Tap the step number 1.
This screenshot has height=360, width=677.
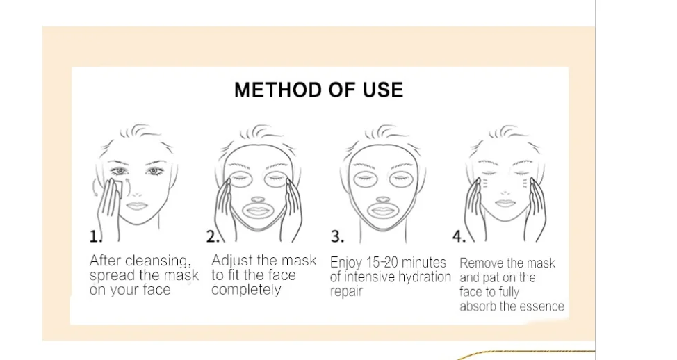pyautogui.click(x=94, y=237)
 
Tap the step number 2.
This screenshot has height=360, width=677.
pyautogui.click(x=213, y=237)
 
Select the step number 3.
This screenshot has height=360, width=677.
pyautogui.click(x=337, y=237)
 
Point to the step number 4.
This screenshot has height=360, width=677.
pyautogui.click(x=459, y=237)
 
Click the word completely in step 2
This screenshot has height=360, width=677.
pyautogui.click(x=246, y=290)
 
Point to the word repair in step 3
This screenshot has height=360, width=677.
pyautogui.click(x=346, y=291)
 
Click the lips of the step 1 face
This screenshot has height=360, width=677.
pyautogui.click(x=136, y=206)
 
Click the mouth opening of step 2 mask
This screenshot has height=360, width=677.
pyautogui.click(x=259, y=210)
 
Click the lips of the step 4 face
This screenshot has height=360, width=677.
pyautogui.click(x=505, y=204)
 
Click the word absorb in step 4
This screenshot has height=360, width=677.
pyautogui.click(x=478, y=306)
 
